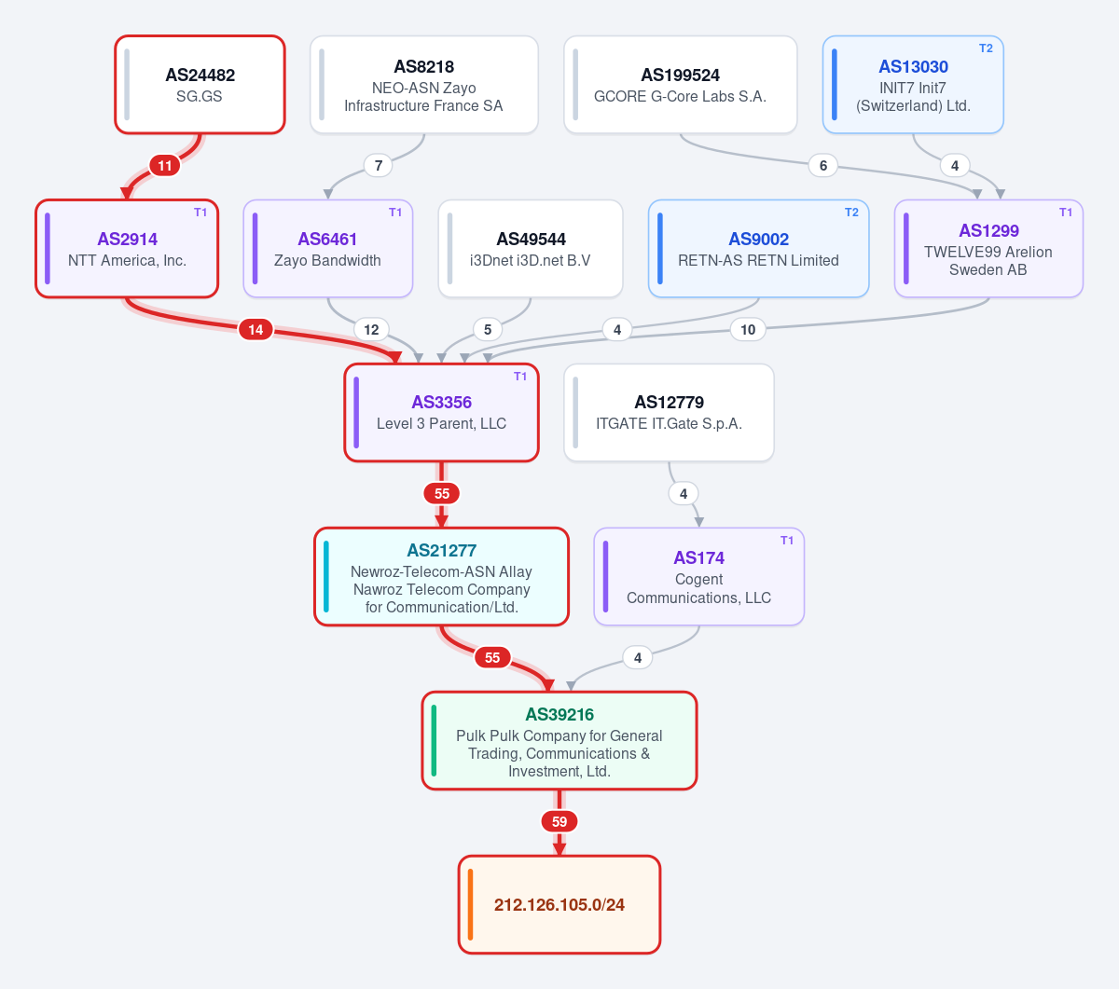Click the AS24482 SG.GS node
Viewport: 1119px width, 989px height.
tap(200, 85)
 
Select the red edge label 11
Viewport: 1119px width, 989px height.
tap(165, 166)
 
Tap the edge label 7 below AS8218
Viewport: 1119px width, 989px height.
tap(379, 166)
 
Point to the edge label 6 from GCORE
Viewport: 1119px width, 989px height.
tap(823, 166)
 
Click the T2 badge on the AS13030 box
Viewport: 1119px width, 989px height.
tap(986, 48)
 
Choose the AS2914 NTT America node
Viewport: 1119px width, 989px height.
tap(127, 249)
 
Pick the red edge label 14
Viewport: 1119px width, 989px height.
tap(256, 330)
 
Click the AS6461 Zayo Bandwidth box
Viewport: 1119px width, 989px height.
tap(328, 249)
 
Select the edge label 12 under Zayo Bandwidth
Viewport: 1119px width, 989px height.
tap(371, 330)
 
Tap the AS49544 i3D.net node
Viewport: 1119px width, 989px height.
tap(531, 249)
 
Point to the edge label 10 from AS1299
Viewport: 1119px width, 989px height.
tap(748, 330)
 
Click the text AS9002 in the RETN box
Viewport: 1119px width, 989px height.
tap(758, 240)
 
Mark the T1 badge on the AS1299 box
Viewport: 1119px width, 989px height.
tap(1066, 213)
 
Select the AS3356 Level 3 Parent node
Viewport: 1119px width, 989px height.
tap(441, 413)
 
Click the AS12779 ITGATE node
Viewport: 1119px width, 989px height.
tap(669, 413)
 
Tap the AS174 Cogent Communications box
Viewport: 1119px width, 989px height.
tap(698, 576)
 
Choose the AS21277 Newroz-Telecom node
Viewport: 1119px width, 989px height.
tap(441, 576)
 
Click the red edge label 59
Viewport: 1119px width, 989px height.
tap(559, 822)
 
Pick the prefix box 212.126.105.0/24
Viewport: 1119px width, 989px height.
tap(559, 904)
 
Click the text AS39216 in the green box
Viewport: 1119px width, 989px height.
tap(559, 715)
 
